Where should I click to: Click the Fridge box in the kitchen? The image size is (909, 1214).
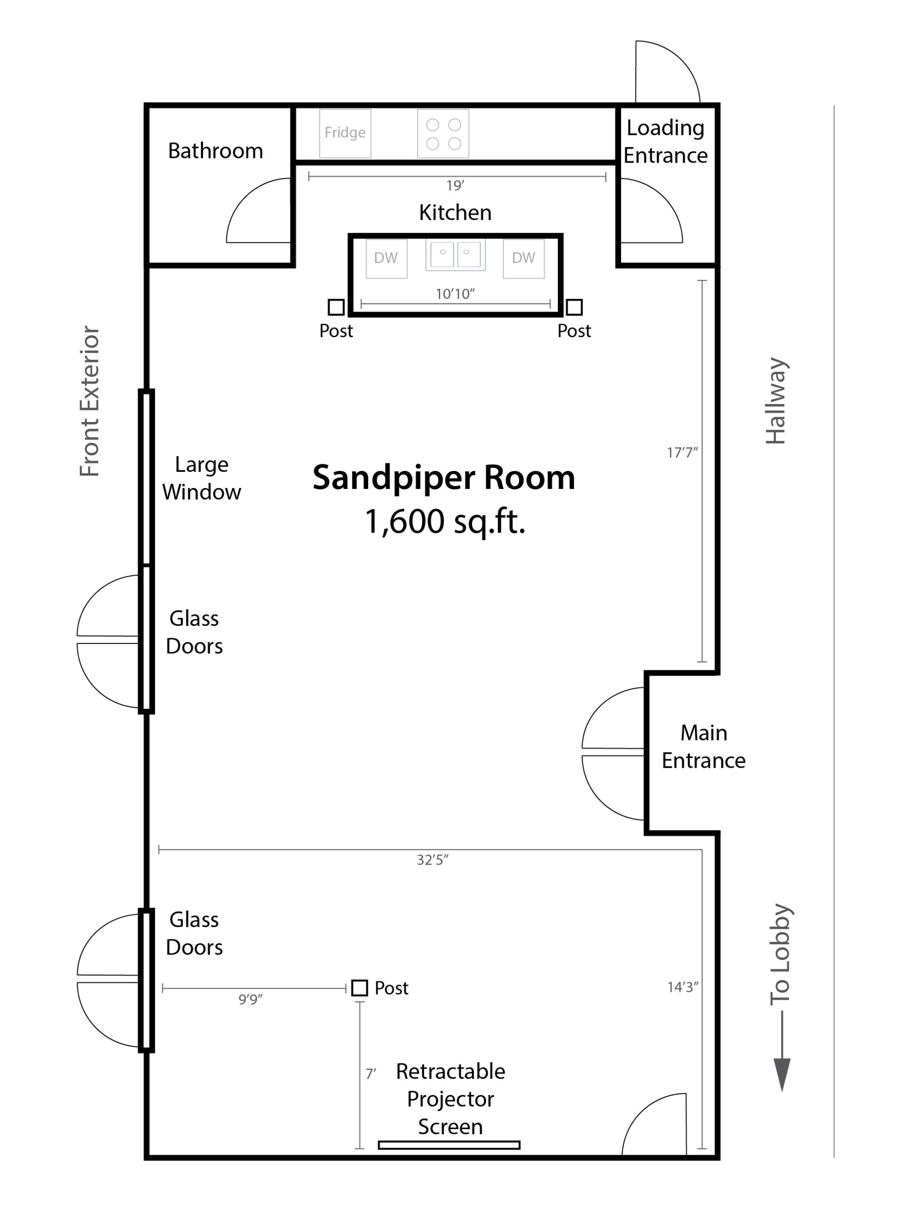(345, 133)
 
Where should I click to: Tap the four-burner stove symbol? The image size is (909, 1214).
(443, 133)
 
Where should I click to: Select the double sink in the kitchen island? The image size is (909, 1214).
(455, 255)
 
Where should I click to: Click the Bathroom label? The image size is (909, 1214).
(215, 150)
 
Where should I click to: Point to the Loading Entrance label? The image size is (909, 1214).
(665, 142)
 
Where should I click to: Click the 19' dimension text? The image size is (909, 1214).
(455, 185)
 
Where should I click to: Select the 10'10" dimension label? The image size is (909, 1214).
(455, 294)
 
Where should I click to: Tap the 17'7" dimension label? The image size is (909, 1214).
(682, 452)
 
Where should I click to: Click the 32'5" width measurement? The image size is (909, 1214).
(433, 860)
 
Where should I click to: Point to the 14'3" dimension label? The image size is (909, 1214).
(683, 987)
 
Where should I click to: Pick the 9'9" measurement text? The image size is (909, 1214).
(250, 999)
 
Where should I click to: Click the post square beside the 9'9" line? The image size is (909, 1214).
(359, 988)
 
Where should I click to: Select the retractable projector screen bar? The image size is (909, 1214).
(449, 1145)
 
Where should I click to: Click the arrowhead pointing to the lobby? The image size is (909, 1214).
(782, 1075)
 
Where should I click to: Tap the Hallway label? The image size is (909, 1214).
(776, 401)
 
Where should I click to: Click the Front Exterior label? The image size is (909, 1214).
(89, 401)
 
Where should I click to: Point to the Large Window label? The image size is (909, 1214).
(202, 478)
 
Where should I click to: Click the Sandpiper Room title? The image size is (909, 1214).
(444, 477)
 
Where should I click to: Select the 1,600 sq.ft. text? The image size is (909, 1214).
(445, 521)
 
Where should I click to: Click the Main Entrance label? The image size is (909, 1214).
(703, 746)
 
